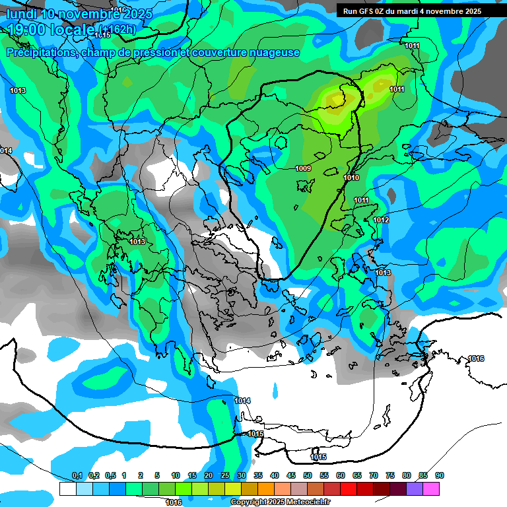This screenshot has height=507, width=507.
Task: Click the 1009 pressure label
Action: pyautogui.click(x=303, y=169)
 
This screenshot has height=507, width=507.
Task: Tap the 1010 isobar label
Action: pyautogui.click(x=351, y=178)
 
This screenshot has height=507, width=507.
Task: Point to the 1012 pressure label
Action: pyautogui.click(x=381, y=220)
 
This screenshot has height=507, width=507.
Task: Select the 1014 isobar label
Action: pyautogui.click(x=242, y=401)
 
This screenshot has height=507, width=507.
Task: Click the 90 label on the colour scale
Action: pyautogui.click(x=440, y=476)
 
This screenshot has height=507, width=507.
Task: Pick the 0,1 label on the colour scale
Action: pyautogui.click(x=77, y=476)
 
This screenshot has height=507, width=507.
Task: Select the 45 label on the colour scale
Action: pyautogui.click(x=291, y=476)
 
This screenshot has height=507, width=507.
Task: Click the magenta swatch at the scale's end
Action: pyautogui.click(x=431, y=489)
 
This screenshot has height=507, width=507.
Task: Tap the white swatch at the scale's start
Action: pyautogui.click(x=67, y=489)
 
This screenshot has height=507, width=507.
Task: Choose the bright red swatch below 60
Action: pyautogui.click(x=349, y=489)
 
